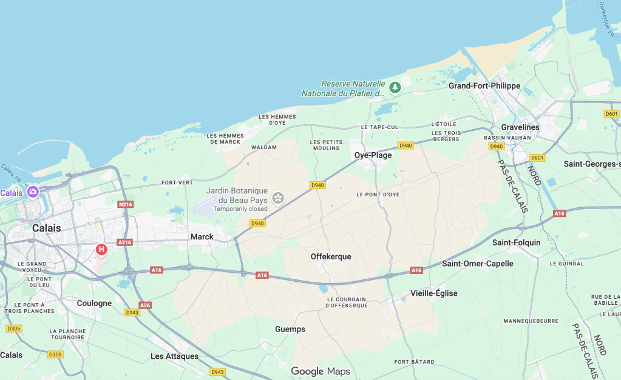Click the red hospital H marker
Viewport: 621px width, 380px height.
point(101,249)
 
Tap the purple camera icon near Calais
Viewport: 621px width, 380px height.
point(33,192)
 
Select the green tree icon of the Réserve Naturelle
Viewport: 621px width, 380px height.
point(395,88)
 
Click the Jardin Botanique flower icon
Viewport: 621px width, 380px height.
point(278,197)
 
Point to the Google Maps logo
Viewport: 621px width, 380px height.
point(320,372)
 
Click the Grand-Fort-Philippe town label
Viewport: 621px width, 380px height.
point(484,86)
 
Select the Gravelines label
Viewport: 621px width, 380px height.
point(520,127)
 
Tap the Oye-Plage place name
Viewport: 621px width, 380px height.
point(373,155)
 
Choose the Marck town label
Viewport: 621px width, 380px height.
point(202,236)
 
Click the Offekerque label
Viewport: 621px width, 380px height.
point(331,256)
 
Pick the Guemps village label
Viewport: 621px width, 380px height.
point(290,329)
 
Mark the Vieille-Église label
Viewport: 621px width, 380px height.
point(434,293)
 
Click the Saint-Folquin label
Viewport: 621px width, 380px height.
point(516,242)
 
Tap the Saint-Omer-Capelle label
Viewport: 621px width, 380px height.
point(478,264)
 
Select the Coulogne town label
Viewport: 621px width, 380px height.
point(94,303)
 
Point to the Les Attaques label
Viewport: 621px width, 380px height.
point(174,356)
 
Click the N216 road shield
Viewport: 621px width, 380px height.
point(125,204)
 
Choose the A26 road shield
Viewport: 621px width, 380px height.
point(145,305)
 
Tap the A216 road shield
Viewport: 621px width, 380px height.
point(124,242)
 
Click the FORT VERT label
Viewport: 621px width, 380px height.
point(177,182)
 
